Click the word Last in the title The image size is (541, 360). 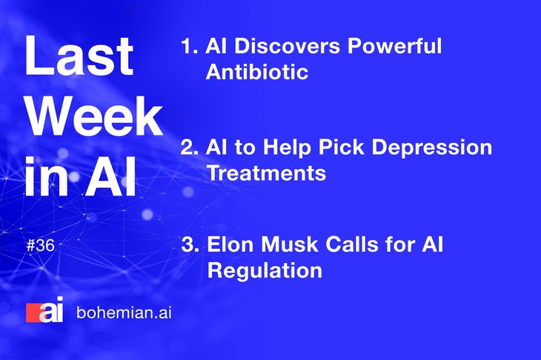pyautogui.click(x=79, y=55)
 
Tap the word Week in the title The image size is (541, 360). pyautogui.click(x=95, y=116)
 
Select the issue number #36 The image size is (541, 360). pyautogui.click(x=40, y=246)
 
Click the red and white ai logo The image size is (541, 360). pyautogui.click(x=45, y=310)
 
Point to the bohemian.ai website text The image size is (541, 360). pyautogui.click(x=124, y=313)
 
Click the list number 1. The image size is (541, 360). pyautogui.click(x=189, y=46)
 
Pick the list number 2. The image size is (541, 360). pyautogui.click(x=190, y=147)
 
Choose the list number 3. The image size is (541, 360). pyautogui.click(x=190, y=244)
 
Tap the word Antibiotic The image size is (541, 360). pyautogui.click(x=257, y=72)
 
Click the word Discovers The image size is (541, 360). pyautogui.click(x=287, y=46)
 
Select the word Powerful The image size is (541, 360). pyautogui.click(x=394, y=46)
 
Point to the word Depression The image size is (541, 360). pyautogui.click(x=431, y=148)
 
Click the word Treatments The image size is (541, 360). pyautogui.click(x=266, y=173)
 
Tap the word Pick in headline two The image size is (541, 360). pyautogui.click(x=341, y=147)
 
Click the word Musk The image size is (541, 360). pyautogui.click(x=290, y=244)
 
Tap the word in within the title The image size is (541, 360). pyautogui.click(x=47, y=176)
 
